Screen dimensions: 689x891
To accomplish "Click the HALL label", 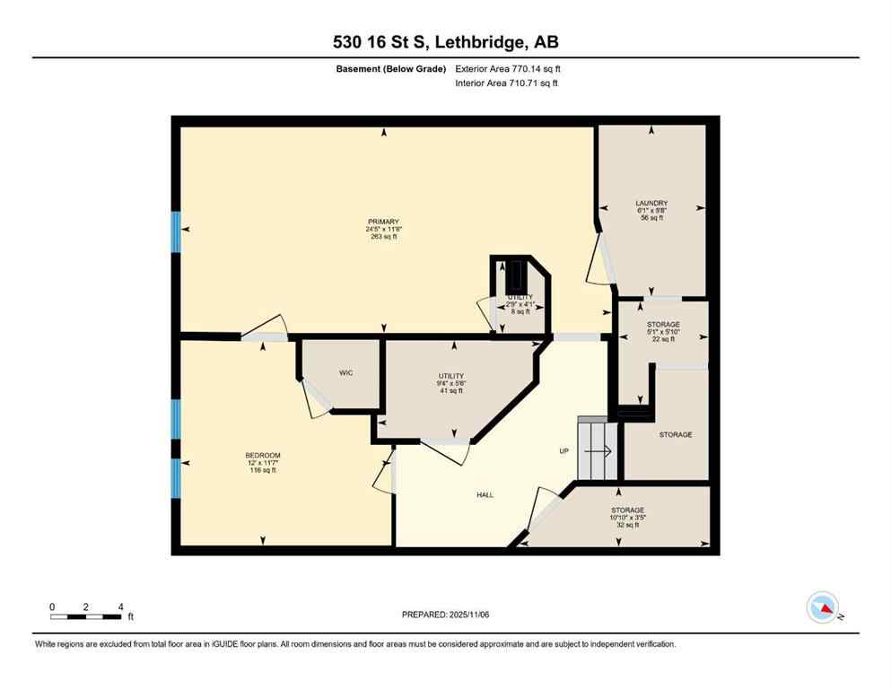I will tap(485, 494).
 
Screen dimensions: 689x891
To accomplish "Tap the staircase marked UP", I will tap(595, 451).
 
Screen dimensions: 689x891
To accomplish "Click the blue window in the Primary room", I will tap(176, 231).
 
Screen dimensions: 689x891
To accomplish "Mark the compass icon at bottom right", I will tap(823, 607).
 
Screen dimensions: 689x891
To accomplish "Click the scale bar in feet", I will tap(86, 616).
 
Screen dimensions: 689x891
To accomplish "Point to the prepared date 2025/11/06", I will tap(446, 615).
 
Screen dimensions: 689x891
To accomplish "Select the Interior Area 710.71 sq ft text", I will tap(507, 83).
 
